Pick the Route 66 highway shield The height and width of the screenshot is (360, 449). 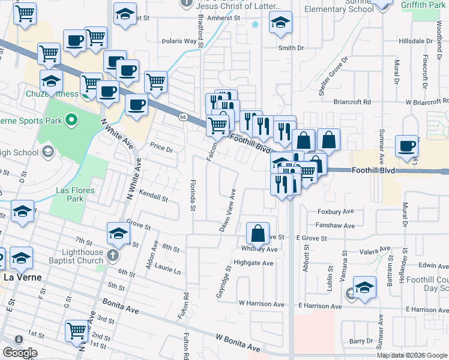pyautogui.click(x=183, y=116)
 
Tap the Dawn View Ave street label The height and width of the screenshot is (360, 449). pyautogui.click(x=227, y=211)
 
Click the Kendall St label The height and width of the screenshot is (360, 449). pyautogui.click(x=152, y=196)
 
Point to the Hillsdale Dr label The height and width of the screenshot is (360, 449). pyautogui.click(x=415, y=41)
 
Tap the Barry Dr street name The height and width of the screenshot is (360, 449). pyautogui.click(x=361, y=341)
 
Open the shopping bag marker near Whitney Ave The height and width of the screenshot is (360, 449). pyautogui.click(x=258, y=233)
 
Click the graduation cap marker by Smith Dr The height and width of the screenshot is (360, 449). pyautogui.click(x=280, y=23)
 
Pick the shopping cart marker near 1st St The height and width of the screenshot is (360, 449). pyautogui.click(x=77, y=331)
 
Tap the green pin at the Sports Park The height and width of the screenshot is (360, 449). pyautogui.click(x=71, y=121)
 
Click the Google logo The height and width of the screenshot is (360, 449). pyautogui.click(x=20, y=353)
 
